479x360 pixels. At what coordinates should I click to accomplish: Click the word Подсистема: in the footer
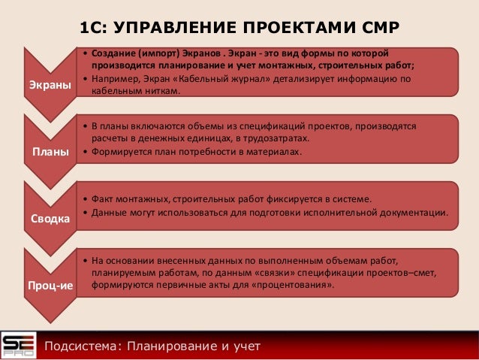[x=81, y=346]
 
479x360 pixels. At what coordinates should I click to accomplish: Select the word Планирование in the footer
[x=169, y=346]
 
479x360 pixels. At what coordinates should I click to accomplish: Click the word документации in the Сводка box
[x=414, y=213]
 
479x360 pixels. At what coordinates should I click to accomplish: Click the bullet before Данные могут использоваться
[x=85, y=213]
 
